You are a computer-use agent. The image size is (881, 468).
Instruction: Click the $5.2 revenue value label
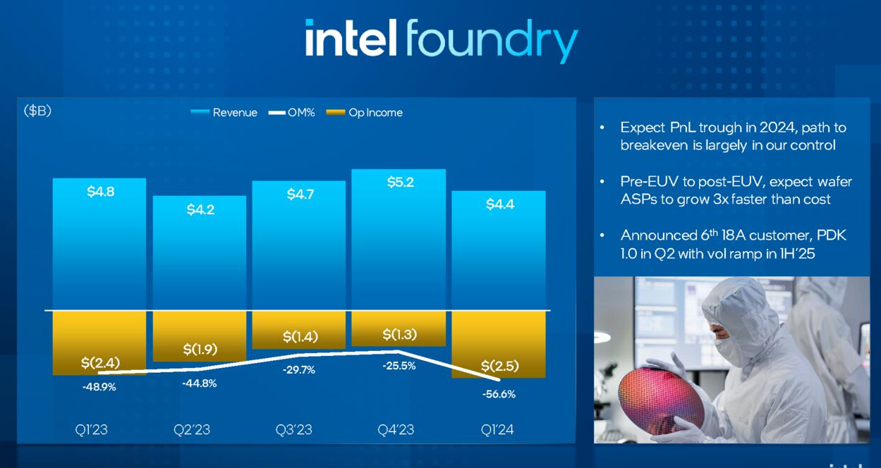(x=401, y=182)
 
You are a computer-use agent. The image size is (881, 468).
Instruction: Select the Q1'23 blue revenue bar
(x=99, y=244)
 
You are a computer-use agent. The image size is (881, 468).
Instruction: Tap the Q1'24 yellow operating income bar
(x=499, y=344)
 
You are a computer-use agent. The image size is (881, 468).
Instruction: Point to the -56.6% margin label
(x=499, y=394)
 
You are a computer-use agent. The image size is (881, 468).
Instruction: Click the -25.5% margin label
(x=399, y=366)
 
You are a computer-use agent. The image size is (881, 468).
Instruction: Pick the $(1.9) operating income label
(x=200, y=350)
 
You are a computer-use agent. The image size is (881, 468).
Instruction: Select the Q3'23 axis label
(x=294, y=429)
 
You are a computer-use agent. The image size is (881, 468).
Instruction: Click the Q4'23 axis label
(x=396, y=429)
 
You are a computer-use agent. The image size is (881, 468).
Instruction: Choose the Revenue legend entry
(x=224, y=113)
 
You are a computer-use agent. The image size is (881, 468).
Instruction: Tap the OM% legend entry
(x=291, y=113)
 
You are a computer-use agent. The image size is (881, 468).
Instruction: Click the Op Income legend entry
(x=365, y=113)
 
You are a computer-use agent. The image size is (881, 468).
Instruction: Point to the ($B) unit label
(x=37, y=111)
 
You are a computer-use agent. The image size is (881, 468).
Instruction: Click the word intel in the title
(x=351, y=38)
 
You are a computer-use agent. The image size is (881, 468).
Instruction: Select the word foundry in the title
(x=492, y=40)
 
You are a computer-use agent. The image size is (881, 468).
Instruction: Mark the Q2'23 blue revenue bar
(x=200, y=252)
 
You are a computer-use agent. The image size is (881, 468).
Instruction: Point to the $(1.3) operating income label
(x=400, y=334)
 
